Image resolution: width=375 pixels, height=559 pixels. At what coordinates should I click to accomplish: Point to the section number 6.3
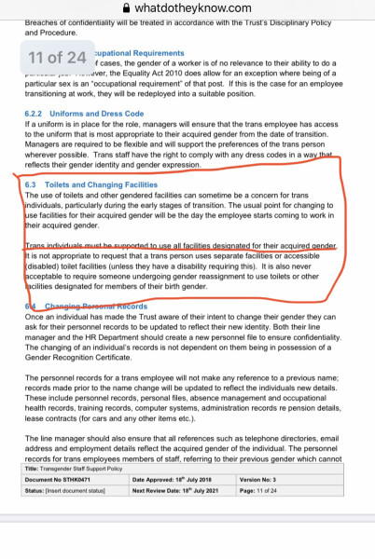point(33,184)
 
